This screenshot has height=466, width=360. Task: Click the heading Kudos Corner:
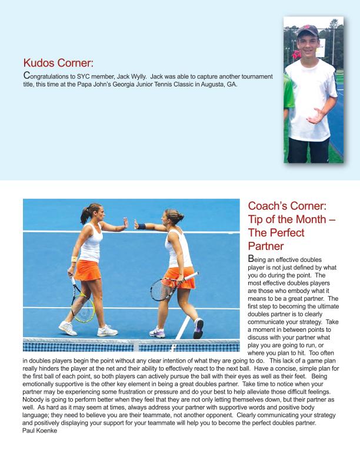[58, 63]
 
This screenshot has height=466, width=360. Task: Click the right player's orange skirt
[179, 277]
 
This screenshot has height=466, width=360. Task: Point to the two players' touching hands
[130, 224]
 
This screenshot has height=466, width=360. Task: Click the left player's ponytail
[85, 212]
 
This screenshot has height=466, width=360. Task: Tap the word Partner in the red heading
[266, 245]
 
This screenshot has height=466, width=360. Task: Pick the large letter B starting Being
[252, 259]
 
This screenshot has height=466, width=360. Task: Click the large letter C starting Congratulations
[26, 76]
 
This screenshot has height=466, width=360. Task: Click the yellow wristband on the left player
[74, 259]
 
